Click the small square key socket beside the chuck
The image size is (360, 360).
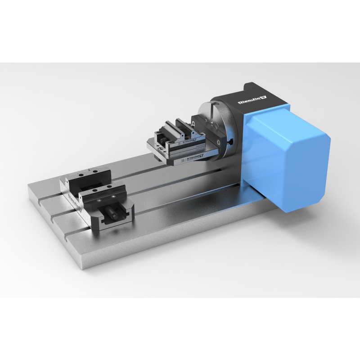point(230,143)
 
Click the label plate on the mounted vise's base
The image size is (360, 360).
point(191,157)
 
